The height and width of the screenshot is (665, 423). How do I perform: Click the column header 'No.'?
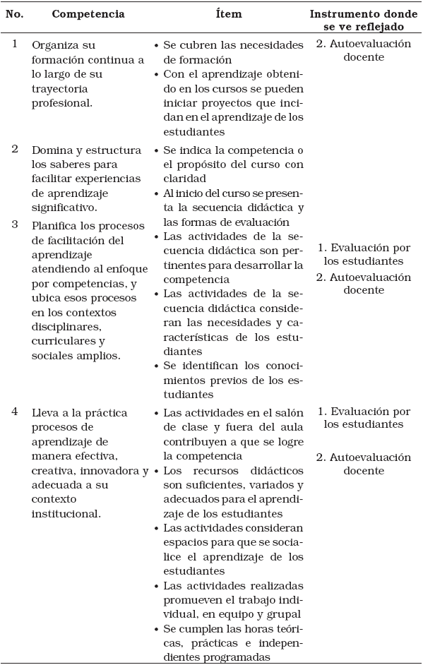[x=15, y=14]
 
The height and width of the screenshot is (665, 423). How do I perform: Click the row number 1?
[x=14, y=44]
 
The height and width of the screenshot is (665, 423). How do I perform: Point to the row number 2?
[x=14, y=149]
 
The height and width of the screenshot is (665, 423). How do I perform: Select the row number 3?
[x=14, y=224]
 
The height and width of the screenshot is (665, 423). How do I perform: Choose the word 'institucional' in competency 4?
[x=67, y=514]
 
